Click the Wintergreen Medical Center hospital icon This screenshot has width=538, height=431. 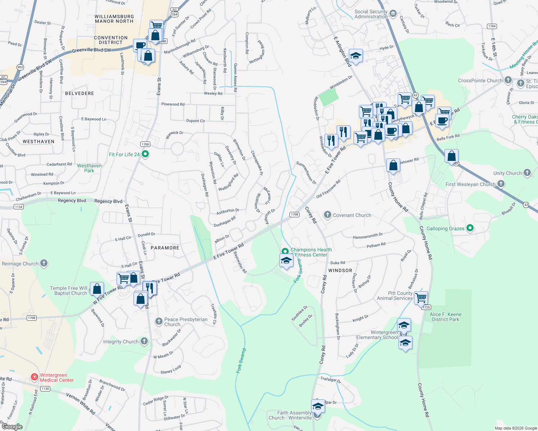click(x=34, y=377)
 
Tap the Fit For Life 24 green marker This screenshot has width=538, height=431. click(x=145, y=154)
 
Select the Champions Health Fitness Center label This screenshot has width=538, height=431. click(x=311, y=252)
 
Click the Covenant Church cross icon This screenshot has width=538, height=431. click(x=327, y=215)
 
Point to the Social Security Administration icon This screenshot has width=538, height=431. click(x=393, y=14)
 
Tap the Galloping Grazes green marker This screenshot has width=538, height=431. click(x=470, y=228)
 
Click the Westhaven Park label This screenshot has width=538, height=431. click(x=89, y=168)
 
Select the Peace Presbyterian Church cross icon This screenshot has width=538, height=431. click(x=159, y=321)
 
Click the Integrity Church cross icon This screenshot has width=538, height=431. click(x=144, y=341)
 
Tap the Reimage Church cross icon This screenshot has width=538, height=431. click(x=44, y=263)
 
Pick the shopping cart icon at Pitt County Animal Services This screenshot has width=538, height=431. click(x=421, y=297)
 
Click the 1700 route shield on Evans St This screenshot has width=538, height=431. click(x=145, y=144)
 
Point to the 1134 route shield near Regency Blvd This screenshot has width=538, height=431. click(x=18, y=207)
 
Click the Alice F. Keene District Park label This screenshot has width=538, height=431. click(x=446, y=317)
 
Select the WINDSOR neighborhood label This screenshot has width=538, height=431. click(x=340, y=270)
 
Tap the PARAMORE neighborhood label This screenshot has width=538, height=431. click(x=165, y=248)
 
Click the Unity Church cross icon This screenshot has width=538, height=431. click(x=527, y=173)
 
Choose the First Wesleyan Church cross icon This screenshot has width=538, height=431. click(x=501, y=184)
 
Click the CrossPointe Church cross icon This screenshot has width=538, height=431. click(x=508, y=80)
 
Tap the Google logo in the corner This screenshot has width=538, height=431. click(x=12, y=427)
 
